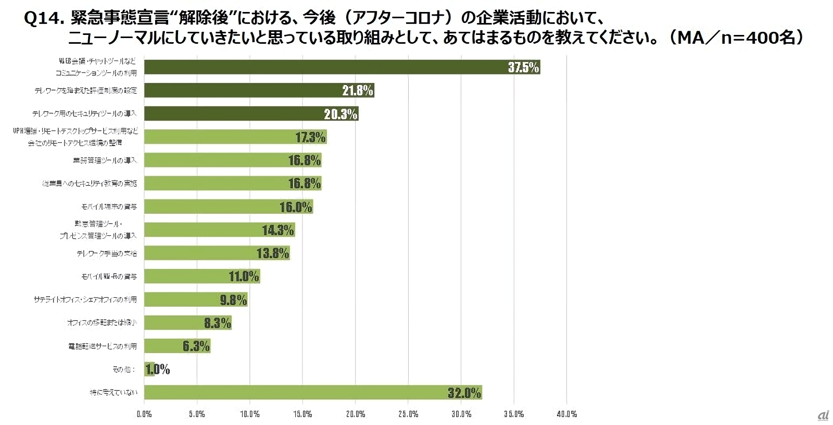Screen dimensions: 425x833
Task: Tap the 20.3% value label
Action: point(340,114)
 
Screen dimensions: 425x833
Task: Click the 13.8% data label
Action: point(273,253)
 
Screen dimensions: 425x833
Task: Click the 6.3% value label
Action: point(196,346)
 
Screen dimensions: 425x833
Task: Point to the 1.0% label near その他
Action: point(158,369)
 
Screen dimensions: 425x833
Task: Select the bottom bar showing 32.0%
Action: point(312,392)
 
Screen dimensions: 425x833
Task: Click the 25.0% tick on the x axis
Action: point(408,414)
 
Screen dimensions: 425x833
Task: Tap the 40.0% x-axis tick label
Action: point(566,414)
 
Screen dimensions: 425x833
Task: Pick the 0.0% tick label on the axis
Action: point(144,414)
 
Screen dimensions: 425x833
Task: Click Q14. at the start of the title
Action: point(44,19)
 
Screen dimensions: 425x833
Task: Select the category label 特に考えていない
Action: point(113,392)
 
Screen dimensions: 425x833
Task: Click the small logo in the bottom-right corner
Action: point(823,415)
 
